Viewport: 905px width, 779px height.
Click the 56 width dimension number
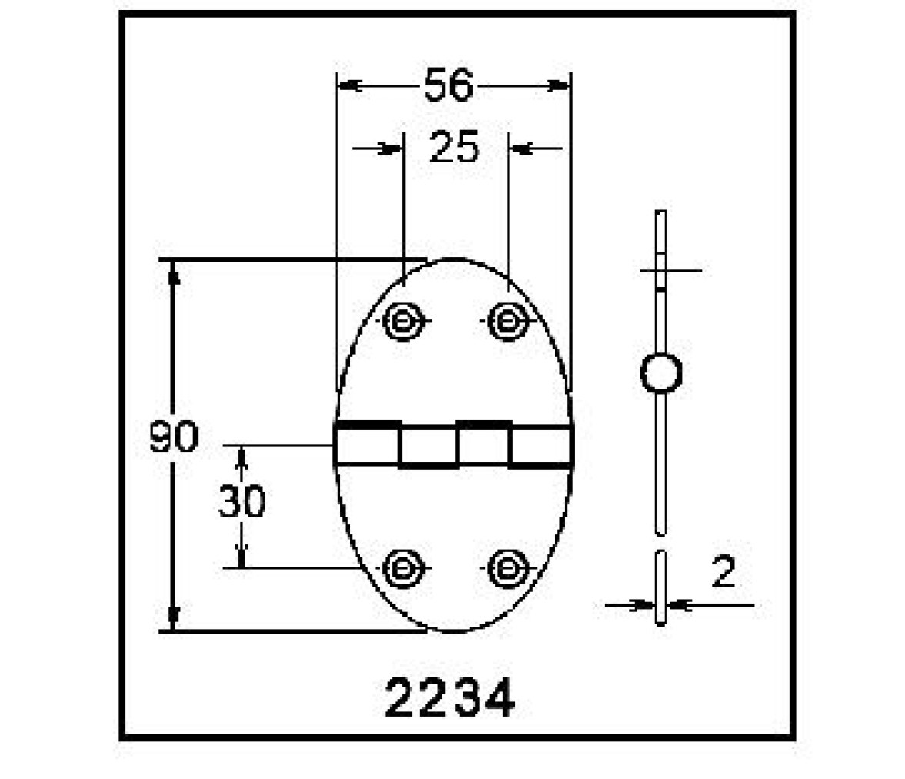(x=449, y=85)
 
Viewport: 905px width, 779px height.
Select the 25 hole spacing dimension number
(x=454, y=147)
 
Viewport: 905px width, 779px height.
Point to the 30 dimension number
(x=242, y=501)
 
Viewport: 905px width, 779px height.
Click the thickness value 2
(x=723, y=572)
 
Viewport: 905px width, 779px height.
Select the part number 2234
(x=449, y=698)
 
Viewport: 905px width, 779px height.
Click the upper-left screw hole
(x=403, y=320)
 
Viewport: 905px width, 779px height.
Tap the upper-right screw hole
(x=508, y=320)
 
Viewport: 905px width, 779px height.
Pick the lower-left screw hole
(x=403, y=569)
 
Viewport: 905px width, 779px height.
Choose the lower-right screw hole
(x=508, y=569)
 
